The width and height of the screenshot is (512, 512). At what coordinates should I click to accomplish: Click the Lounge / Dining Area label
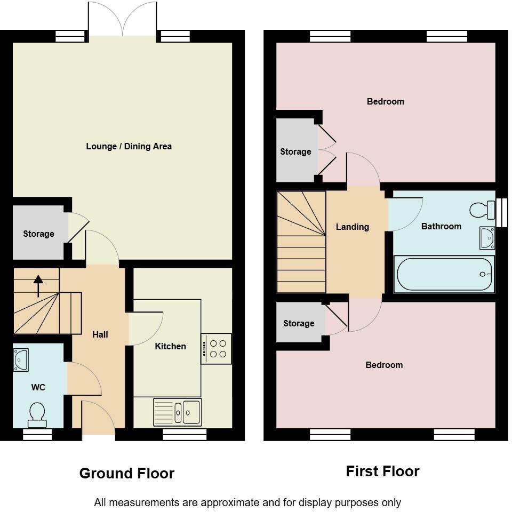tap(129, 146)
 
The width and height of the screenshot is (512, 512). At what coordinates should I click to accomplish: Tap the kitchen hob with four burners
tap(217, 349)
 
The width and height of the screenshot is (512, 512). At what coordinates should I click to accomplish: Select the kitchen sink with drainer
tap(178, 412)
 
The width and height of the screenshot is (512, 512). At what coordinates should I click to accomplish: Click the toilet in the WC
tap(37, 415)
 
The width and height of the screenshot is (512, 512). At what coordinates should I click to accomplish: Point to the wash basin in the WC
tap(21, 360)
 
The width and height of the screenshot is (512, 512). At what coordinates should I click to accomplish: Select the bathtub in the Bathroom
tap(444, 274)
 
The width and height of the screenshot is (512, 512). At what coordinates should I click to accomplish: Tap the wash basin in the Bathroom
tap(487, 238)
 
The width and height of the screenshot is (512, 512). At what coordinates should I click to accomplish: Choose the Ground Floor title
tap(127, 473)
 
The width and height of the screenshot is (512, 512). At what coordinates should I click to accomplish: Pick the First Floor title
tap(382, 471)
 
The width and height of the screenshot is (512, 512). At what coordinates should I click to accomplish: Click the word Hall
tap(100, 334)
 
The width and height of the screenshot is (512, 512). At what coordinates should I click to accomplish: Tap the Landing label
tap(352, 227)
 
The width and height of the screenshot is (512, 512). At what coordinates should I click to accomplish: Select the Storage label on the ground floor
tap(38, 234)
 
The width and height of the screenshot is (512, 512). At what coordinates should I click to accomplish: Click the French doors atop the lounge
tap(123, 21)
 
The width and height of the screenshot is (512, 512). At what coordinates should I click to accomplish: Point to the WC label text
tap(38, 387)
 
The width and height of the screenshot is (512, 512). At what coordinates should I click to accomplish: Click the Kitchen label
tap(170, 346)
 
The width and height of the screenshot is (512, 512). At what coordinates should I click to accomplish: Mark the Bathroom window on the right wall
tap(501, 212)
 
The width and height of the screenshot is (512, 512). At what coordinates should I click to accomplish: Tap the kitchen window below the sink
tap(185, 435)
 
